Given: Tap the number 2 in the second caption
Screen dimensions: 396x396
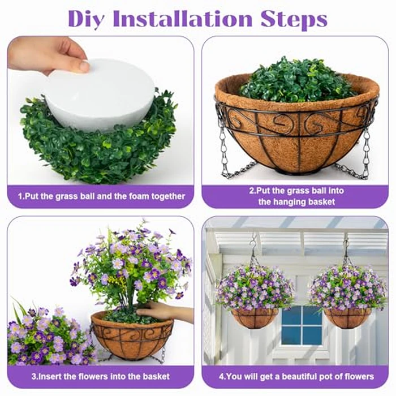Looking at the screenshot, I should point(251,191).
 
